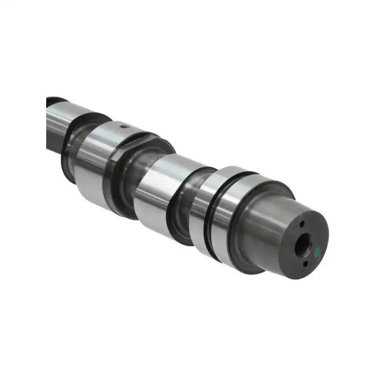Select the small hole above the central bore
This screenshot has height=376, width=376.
[x=303, y=224]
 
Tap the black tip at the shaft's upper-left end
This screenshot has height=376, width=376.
[x=54, y=101]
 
